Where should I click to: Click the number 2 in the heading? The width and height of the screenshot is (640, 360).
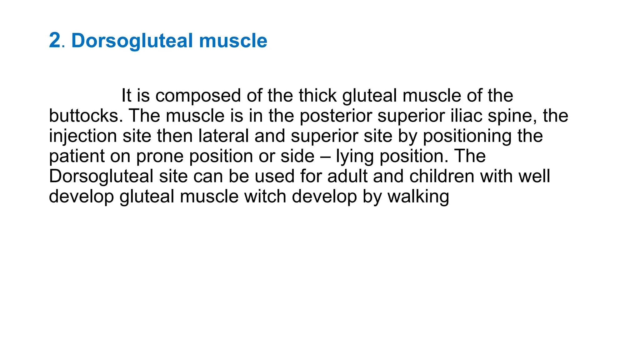point(55,41)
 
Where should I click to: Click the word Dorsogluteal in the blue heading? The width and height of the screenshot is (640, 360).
point(132,41)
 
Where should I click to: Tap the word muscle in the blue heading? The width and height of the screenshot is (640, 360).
point(233,41)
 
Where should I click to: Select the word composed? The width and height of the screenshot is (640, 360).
point(198,96)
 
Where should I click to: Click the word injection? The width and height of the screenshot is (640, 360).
point(83,136)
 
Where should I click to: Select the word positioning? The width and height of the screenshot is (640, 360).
point(467,136)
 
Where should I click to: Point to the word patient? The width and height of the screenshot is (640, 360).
point(77,156)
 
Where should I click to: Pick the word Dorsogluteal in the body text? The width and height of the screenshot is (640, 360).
point(101,177)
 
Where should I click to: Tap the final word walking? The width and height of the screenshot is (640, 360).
point(418,197)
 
